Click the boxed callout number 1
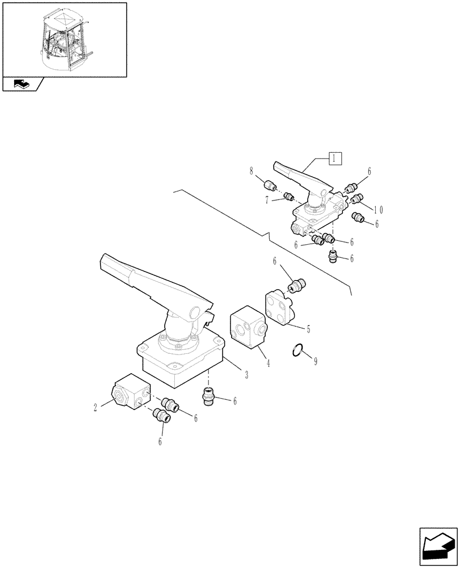tap(336, 158)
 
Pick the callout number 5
tap(308, 328)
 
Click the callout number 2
tap(95, 407)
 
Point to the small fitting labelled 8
tap(270, 185)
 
